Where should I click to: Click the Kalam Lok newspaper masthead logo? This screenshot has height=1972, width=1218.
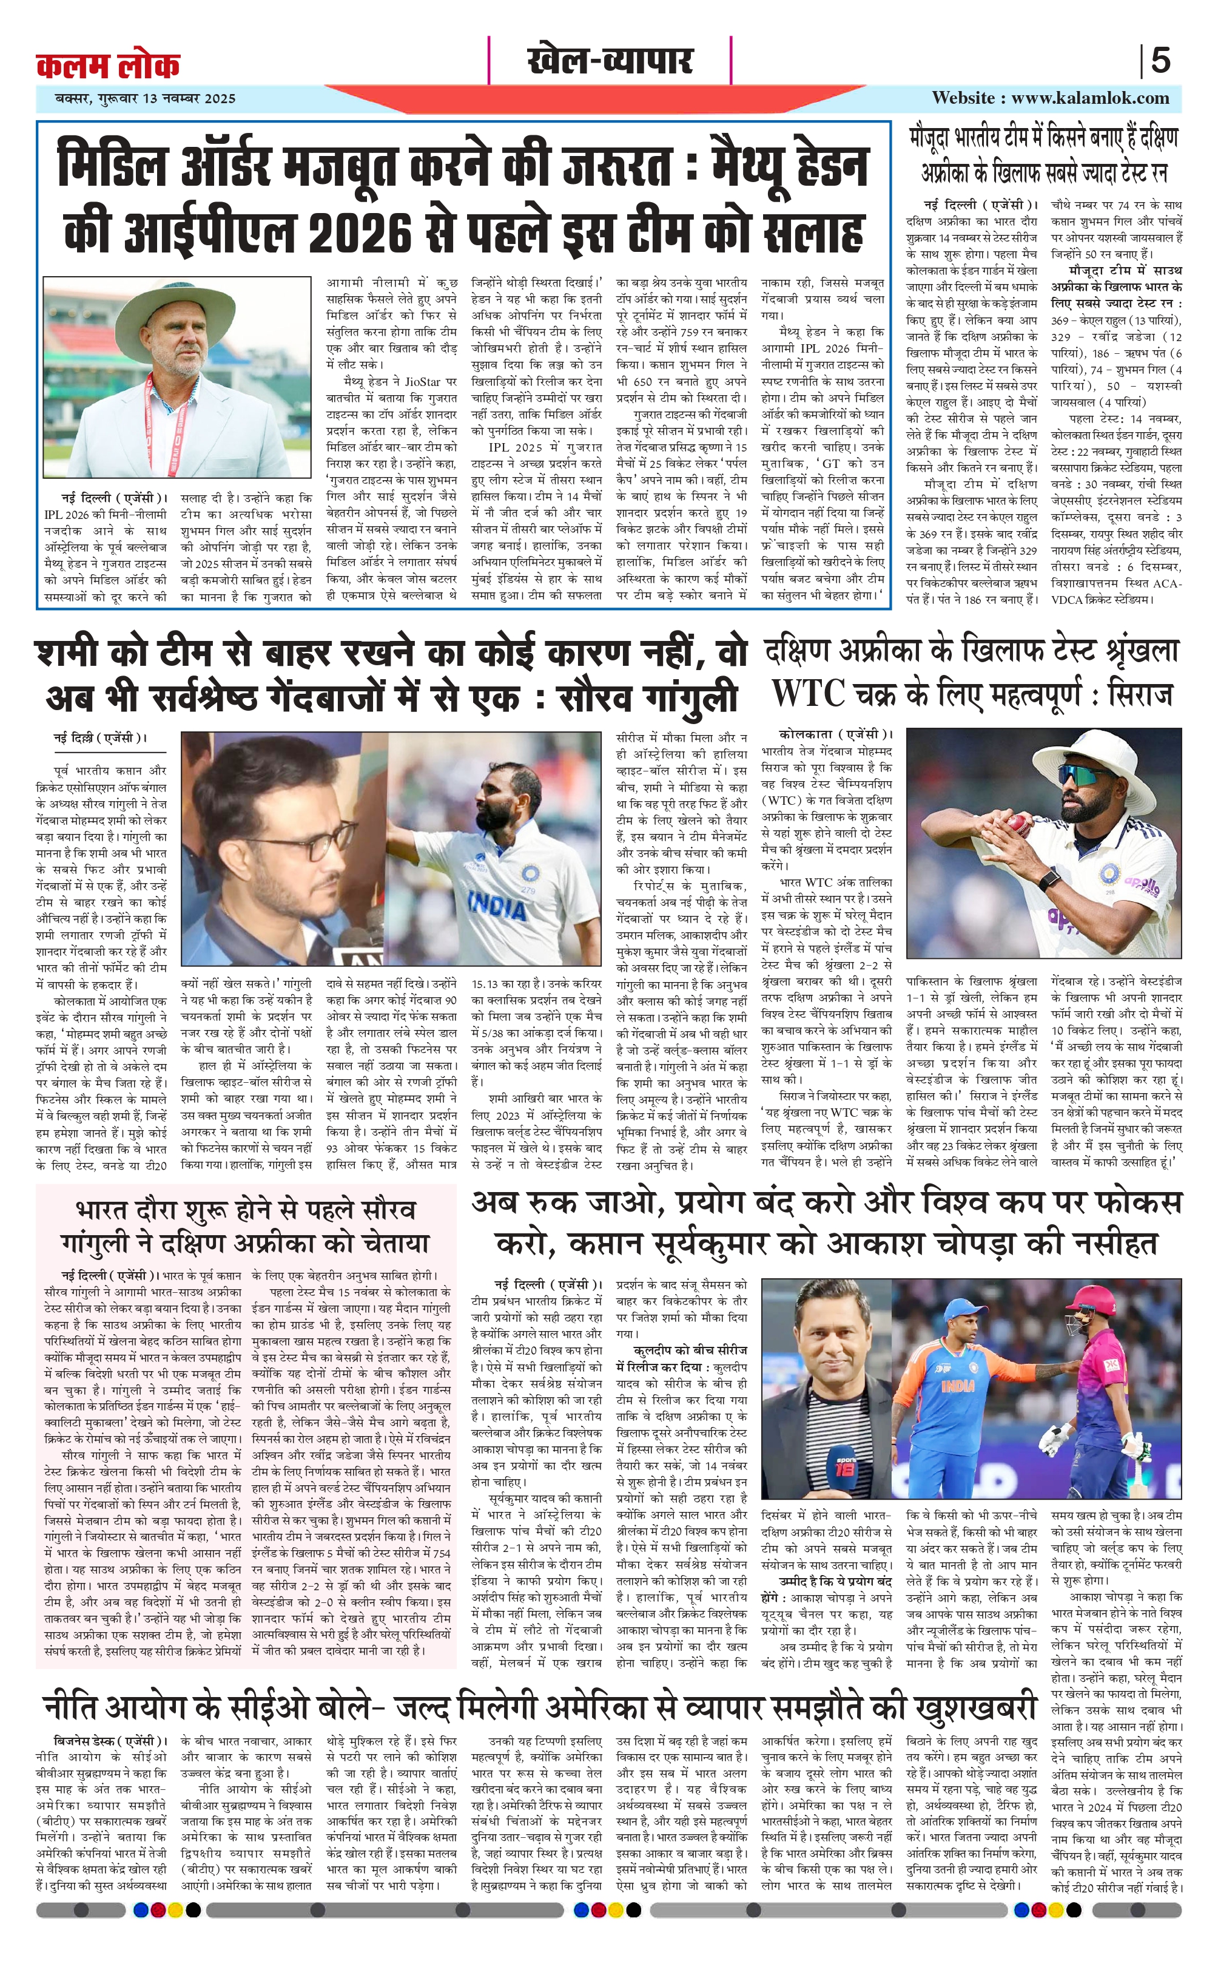[108, 64]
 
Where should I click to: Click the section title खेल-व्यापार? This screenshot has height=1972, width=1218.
[609, 61]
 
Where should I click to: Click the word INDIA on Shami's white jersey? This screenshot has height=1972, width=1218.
[497, 906]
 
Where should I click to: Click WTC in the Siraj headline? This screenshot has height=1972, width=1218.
[808, 693]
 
